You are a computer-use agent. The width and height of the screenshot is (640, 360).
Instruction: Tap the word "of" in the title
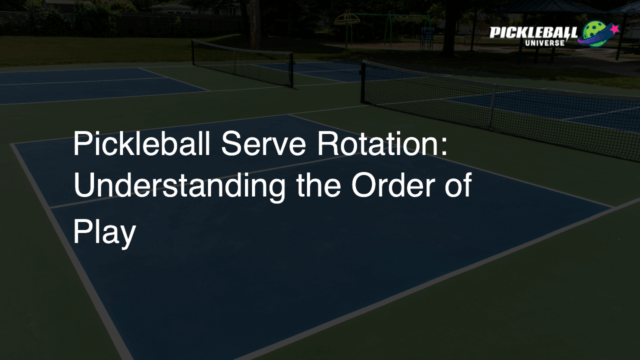pos(458,189)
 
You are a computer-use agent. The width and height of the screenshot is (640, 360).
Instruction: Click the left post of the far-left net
pos(193,54)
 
